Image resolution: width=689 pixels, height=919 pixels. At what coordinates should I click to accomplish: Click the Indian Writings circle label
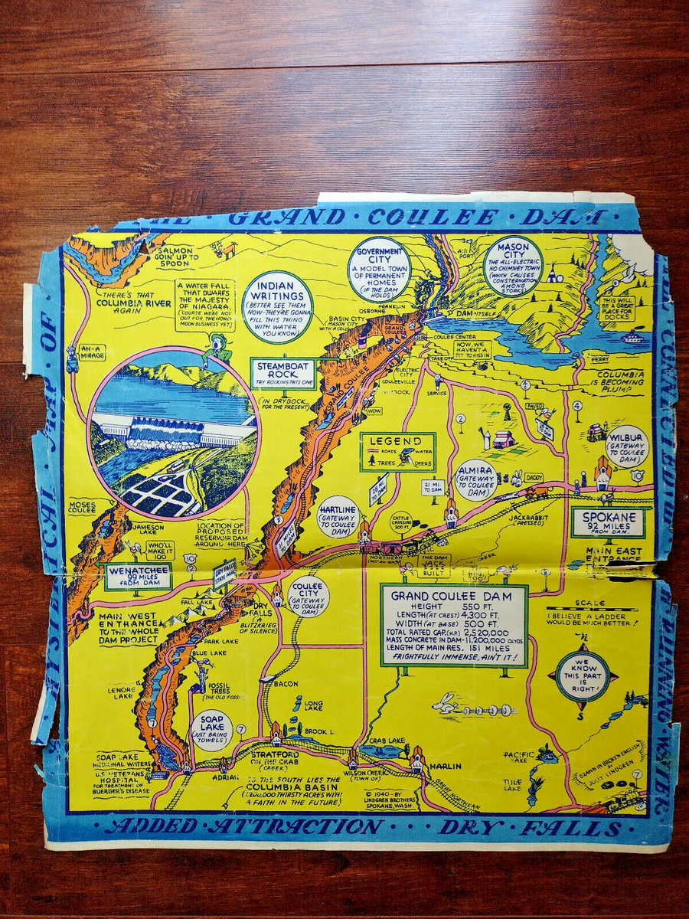pos(277,306)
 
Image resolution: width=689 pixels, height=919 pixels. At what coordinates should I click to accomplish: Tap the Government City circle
pos(379,268)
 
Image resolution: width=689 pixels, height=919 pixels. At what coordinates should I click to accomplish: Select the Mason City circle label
pos(513,266)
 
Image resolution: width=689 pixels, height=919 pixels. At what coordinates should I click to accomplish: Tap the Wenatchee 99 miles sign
pos(138,576)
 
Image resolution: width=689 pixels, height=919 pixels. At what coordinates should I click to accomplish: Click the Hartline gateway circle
pos(338,518)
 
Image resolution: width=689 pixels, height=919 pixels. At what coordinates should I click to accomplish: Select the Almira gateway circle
pos(475,480)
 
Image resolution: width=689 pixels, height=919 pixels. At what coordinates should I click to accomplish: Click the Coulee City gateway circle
pos(309,597)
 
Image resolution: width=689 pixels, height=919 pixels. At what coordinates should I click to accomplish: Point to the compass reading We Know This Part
pos(583,675)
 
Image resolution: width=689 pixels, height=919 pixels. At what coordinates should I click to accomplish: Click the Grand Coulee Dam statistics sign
pos(454,626)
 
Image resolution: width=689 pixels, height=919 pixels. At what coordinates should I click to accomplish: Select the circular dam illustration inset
pos(174,433)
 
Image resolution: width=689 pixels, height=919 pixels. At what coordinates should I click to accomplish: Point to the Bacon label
pos(285,683)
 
